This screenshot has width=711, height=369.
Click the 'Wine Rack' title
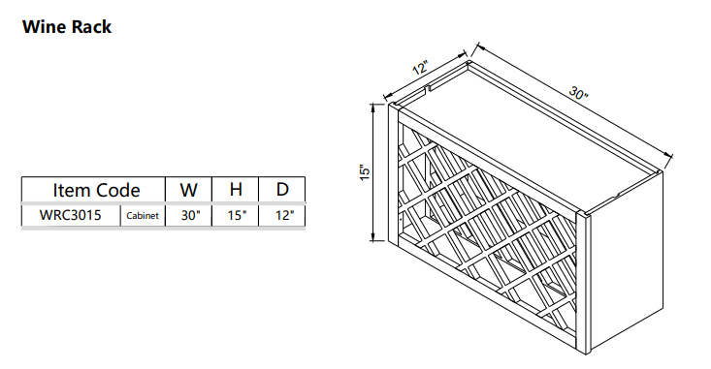66,27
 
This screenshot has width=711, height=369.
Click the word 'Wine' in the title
43,27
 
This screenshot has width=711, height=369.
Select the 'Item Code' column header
95,190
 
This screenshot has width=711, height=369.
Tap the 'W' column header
189,190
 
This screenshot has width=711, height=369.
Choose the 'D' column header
282,190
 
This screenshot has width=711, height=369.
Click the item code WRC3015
70,215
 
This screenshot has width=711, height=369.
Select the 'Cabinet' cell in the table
142,216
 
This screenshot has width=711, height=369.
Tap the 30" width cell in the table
189,215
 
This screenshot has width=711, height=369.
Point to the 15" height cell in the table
236,215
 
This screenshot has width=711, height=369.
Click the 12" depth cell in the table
282,215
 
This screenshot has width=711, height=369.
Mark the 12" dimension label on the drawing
420,70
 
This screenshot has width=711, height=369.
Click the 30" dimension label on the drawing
579,95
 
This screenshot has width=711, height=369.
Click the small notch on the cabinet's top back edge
428,91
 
